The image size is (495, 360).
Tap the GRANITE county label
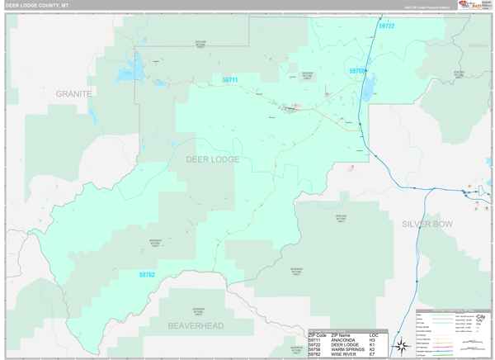click(x=73, y=94)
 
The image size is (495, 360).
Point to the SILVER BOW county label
click(x=427, y=224)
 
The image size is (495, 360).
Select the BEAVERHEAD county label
click(x=196, y=326)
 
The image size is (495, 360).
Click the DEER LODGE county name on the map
click(x=213, y=159)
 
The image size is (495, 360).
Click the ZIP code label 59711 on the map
click(x=230, y=80)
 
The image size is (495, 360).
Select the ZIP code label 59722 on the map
click(x=386, y=26)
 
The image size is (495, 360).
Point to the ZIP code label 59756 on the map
click(x=357, y=72)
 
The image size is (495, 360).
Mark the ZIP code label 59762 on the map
click(x=147, y=274)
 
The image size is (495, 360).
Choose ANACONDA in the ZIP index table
click(x=343, y=339)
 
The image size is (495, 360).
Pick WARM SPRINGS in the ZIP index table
click(x=347, y=349)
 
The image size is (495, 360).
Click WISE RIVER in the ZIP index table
click(x=344, y=354)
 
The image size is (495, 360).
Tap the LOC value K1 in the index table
click(x=372, y=344)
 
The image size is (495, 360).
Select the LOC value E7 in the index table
click(x=372, y=354)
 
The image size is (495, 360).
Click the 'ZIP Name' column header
click(x=341, y=334)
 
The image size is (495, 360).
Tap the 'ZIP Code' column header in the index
click(x=317, y=334)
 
